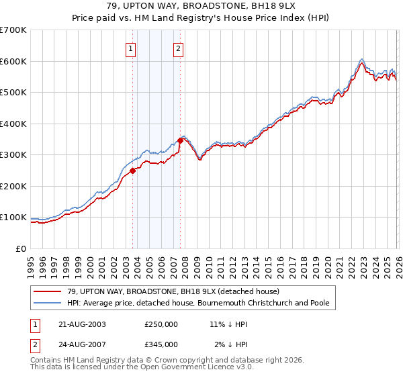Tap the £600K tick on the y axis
click(x=13, y=61)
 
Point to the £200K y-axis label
click(x=13, y=186)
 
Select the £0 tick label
click(x=20, y=248)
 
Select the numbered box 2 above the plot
click(x=178, y=48)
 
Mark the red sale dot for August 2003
click(x=132, y=171)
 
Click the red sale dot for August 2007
click(x=180, y=140)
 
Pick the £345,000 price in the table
click(x=161, y=344)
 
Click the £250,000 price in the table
click(x=161, y=324)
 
